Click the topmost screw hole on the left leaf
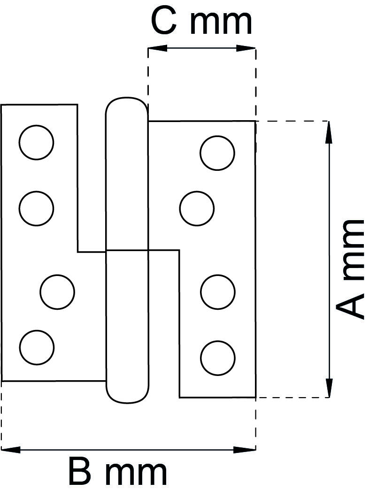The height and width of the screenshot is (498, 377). coord(36,142)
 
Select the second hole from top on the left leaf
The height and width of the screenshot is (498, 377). coord(36,208)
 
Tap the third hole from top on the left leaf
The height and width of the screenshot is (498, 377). coord(57,292)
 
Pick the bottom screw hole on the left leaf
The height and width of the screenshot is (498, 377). coord(37,347)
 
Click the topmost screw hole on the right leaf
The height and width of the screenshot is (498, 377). coord(217,153)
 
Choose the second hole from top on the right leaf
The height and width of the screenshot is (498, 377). coord(197,208)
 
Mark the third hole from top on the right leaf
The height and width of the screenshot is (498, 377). coord(218,292)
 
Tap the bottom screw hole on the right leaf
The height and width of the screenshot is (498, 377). coord(218,358)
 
